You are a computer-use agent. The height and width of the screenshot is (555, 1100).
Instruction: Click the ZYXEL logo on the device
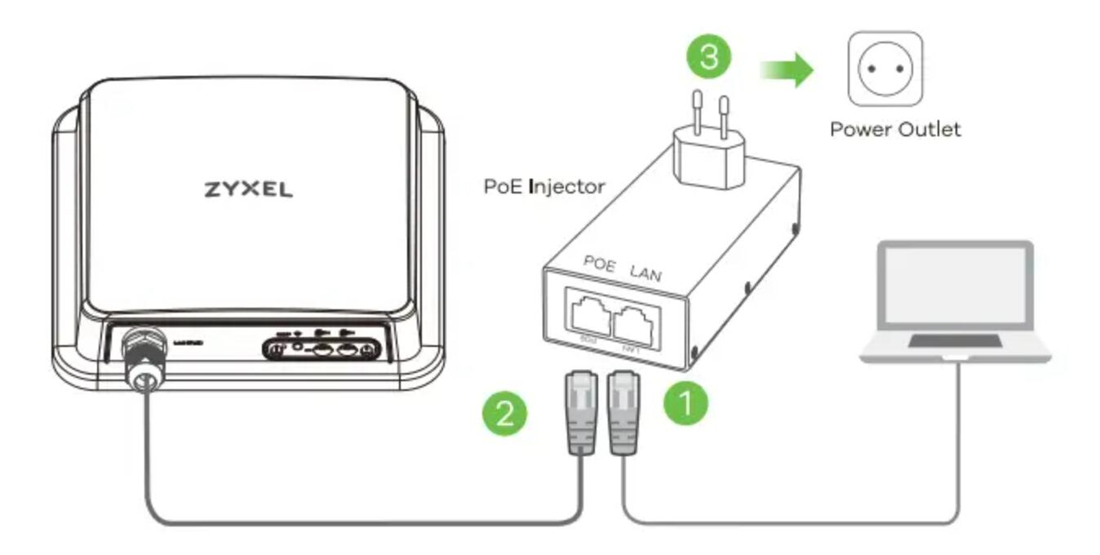click(x=247, y=189)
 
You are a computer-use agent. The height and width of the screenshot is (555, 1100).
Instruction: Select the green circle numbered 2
click(x=504, y=415)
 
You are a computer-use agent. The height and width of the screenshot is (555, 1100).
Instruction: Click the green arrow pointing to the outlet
click(x=787, y=70)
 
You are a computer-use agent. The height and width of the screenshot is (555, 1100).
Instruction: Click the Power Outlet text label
click(x=895, y=129)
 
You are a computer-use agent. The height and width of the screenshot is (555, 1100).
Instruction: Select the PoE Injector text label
click(x=544, y=187)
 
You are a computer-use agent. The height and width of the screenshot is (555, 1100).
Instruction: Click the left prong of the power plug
click(x=699, y=111)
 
